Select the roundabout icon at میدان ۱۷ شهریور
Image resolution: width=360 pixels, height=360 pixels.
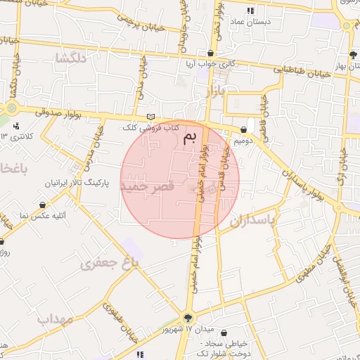click(x=188, y=317)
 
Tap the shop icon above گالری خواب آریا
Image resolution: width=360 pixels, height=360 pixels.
click(x=212, y=53)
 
